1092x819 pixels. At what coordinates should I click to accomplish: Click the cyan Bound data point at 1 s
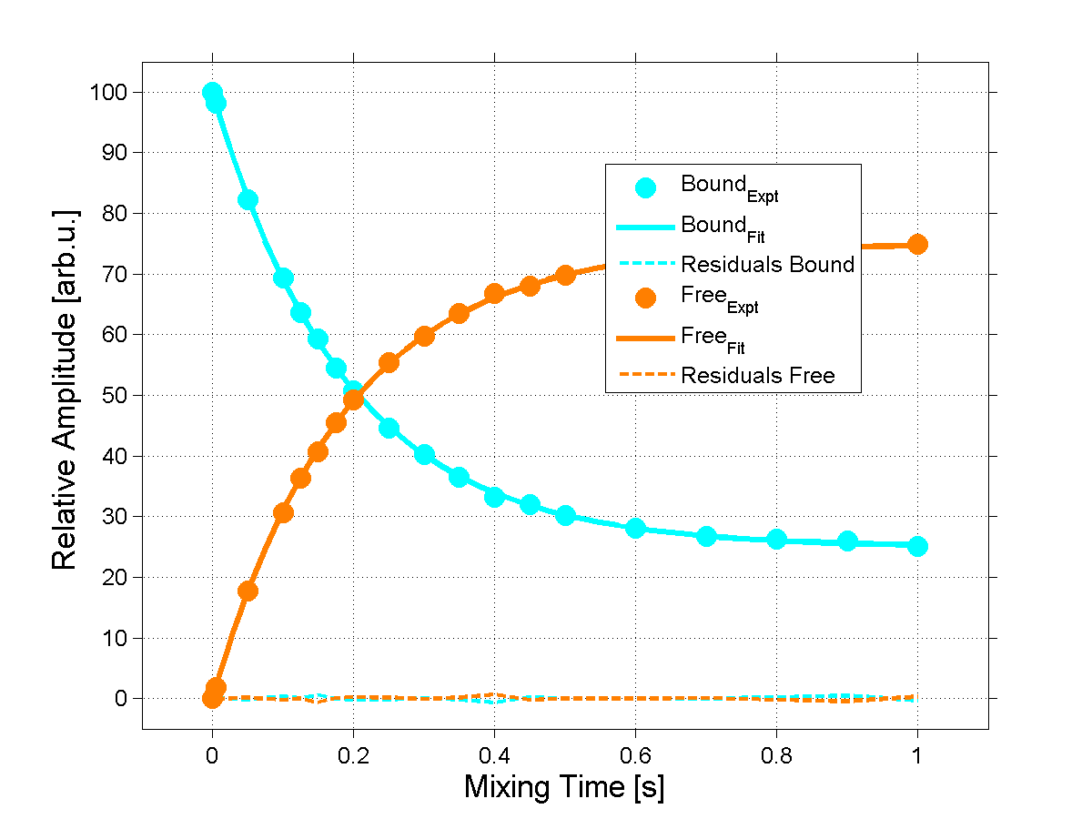(x=917, y=546)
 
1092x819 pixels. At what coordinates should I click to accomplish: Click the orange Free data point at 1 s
(x=917, y=244)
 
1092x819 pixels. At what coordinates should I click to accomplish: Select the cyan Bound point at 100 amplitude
(x=212, y=93)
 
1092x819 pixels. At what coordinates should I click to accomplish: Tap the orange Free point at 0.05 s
(x=248, y=591)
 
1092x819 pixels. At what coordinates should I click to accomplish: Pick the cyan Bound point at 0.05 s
(x=248, y=200)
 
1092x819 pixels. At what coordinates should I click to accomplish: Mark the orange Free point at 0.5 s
(x=565, y=275)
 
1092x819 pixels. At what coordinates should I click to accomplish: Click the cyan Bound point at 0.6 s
(x=635, y=529)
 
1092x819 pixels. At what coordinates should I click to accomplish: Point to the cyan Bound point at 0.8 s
(x=776, y=539)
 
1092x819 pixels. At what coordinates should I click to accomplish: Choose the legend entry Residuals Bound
(x=768, y=265)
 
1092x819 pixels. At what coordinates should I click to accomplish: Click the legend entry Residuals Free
(x=758, y=375)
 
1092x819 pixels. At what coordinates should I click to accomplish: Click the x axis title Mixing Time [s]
(x=564, y=786)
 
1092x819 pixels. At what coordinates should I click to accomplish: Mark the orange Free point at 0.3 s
(x=424, y=336)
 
